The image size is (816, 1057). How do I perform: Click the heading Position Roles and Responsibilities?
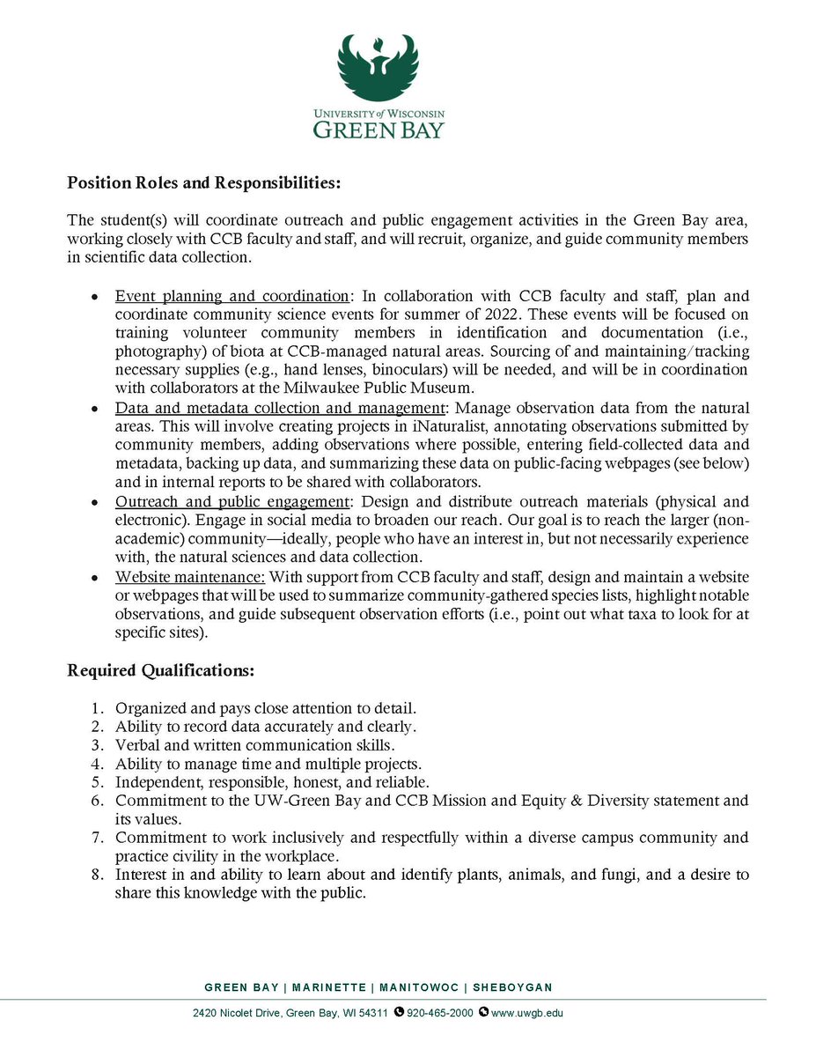point(203,184)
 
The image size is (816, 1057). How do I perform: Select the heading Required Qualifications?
point(161,670)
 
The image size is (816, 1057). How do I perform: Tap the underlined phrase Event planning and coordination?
point(232,298)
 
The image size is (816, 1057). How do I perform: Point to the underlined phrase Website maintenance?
point(190,577)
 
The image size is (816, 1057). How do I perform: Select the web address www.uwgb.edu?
point(526,1013)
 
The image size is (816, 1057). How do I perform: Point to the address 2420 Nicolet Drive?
point(234,1013)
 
